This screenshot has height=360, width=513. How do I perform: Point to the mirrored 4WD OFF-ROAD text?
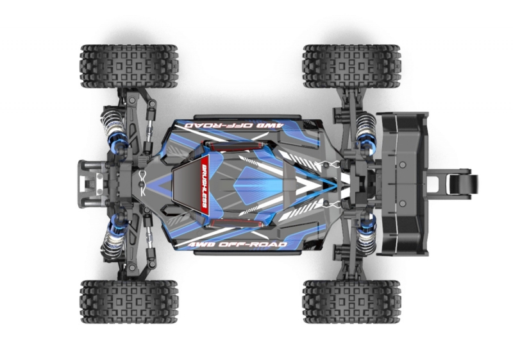233,125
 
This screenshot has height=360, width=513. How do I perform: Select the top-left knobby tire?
130,67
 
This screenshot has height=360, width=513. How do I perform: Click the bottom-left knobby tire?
130,302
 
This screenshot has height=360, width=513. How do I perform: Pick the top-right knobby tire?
351,67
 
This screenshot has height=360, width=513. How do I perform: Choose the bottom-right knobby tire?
351,302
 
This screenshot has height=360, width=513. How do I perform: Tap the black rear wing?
403,184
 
